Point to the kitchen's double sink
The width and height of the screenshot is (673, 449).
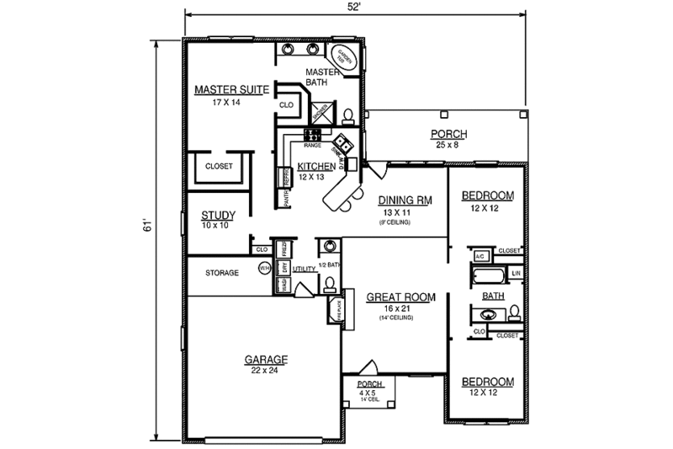coord(342,142)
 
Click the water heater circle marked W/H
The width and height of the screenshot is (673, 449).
coord(262,269)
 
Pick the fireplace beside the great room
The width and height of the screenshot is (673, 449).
coord(332,311)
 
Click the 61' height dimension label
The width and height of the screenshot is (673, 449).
coord(146,226)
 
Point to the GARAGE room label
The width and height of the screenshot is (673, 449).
coord(267,360)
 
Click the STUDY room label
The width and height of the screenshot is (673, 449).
coord(218,216)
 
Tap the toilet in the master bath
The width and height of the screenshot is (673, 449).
coord(347,115)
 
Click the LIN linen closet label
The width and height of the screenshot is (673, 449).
coord(517,274)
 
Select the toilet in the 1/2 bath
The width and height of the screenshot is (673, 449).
coord(331,282)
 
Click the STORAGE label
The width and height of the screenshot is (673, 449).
coord(222,273)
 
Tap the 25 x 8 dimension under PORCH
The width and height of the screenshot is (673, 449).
coord(448,146)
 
